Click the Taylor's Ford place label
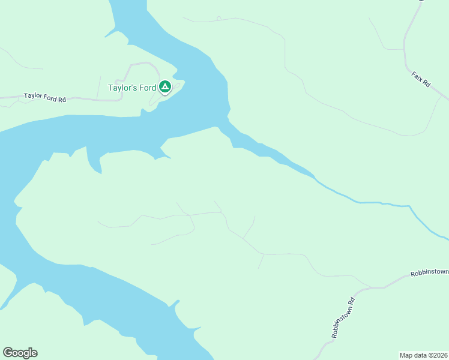click(132, 88)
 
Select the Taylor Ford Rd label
click(44, 97)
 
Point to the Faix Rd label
click(421, 80)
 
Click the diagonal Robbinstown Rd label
click(340, 319)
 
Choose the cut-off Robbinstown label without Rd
click(429, 273)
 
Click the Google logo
click(20, 353)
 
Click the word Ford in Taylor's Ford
click(146, 88)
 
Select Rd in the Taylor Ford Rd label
click(61, 98)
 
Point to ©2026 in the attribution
click(436, 355)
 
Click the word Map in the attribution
click(406, 355)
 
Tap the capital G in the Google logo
click(8, 353)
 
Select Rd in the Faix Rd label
click(426, 85)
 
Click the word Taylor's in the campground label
click(122, 88)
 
